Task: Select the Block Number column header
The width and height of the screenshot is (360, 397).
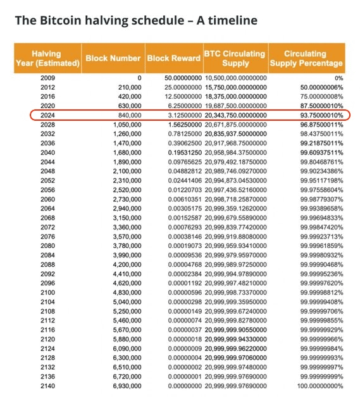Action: [113, 58]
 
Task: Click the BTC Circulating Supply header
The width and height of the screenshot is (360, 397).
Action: [235, 58]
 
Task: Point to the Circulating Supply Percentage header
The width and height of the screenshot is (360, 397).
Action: [306, 58]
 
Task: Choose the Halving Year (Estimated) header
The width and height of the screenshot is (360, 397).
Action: [47, 58]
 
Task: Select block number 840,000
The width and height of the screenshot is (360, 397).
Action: [127, 115]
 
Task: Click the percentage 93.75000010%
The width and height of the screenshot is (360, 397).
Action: [316, 115]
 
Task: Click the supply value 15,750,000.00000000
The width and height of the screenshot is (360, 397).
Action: [235, 87]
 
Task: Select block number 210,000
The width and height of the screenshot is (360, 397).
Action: [127, 87]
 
